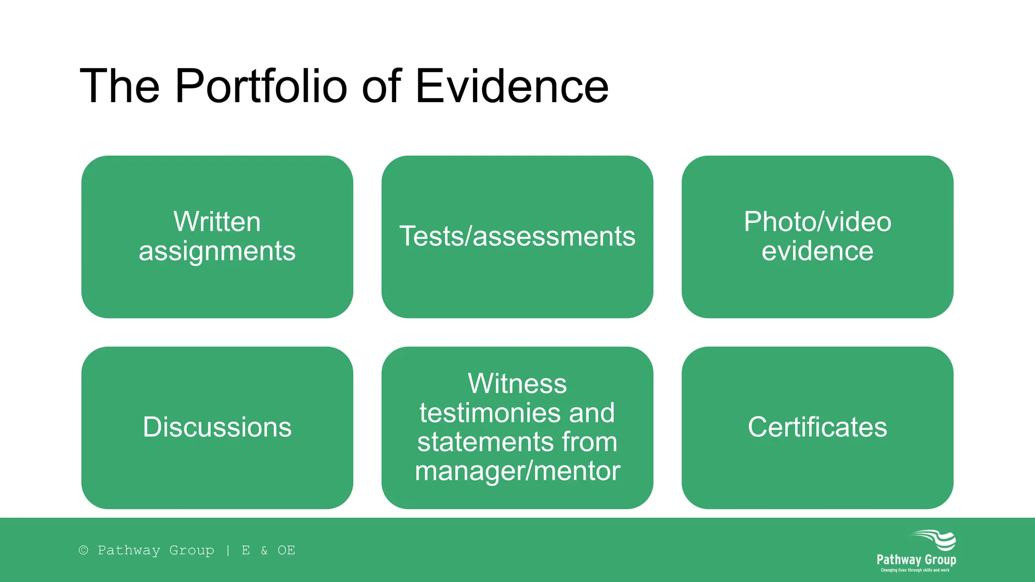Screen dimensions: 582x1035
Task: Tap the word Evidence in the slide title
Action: pos(511,86)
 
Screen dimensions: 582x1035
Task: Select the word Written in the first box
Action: pos(217,222)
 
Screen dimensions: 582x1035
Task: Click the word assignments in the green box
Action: pos(217,251)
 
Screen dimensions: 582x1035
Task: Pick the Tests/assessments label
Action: pos(517,236)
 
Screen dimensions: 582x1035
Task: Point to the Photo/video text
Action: pos(817,222)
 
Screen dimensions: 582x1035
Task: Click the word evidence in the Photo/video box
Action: pos(817,251)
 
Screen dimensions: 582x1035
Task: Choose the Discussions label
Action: pos(217,427)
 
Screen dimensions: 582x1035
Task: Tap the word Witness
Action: pos(517,383)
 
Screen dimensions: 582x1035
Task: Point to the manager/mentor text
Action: pos(517,471)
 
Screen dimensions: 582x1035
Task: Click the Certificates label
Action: pos(817,427)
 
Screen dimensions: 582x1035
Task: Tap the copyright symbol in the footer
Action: pos(84,550)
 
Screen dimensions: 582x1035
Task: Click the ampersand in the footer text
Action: pos(264,550)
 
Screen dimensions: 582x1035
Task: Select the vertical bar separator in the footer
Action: pos(228,550)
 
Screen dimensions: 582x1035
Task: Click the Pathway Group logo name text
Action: pos(916,560)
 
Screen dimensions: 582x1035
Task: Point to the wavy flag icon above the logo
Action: pos(935,540)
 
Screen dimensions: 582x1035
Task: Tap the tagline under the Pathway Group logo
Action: pos(915,570)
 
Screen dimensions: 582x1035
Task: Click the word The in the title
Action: pos(120,86)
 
